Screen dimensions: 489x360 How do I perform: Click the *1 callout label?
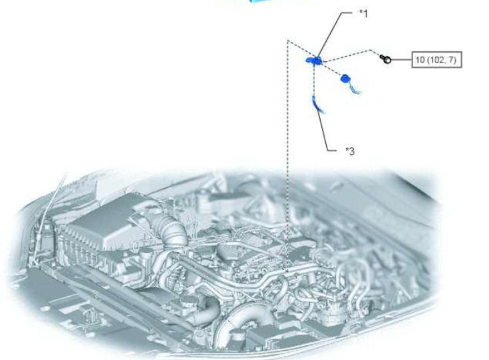click(x=364, y=14)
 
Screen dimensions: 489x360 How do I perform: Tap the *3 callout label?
click(x=350, y=151)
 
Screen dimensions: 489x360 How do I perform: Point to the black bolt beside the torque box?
click(x=385, y=59)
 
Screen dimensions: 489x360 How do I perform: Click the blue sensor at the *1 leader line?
click(x=313, y=61)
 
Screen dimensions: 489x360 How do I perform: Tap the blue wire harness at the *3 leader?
click(x=319, y=105)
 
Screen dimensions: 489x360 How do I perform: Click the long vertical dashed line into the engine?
click(x=287, y=156)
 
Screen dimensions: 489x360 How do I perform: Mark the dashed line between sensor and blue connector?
click(x=331, y=69)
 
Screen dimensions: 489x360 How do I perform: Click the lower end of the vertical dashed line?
click(x=287, y=271)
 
